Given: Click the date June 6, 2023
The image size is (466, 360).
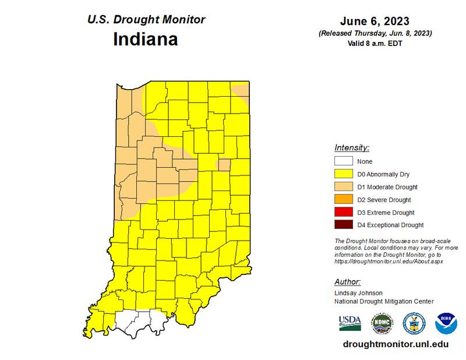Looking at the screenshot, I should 375,21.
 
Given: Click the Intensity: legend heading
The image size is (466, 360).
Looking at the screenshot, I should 352,147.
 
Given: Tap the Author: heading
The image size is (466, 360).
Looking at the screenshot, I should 348,282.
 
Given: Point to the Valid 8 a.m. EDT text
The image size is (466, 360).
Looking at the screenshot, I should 375,43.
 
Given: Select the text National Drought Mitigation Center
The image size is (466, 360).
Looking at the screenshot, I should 384,301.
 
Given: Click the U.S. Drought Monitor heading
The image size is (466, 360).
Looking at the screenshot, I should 146,19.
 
